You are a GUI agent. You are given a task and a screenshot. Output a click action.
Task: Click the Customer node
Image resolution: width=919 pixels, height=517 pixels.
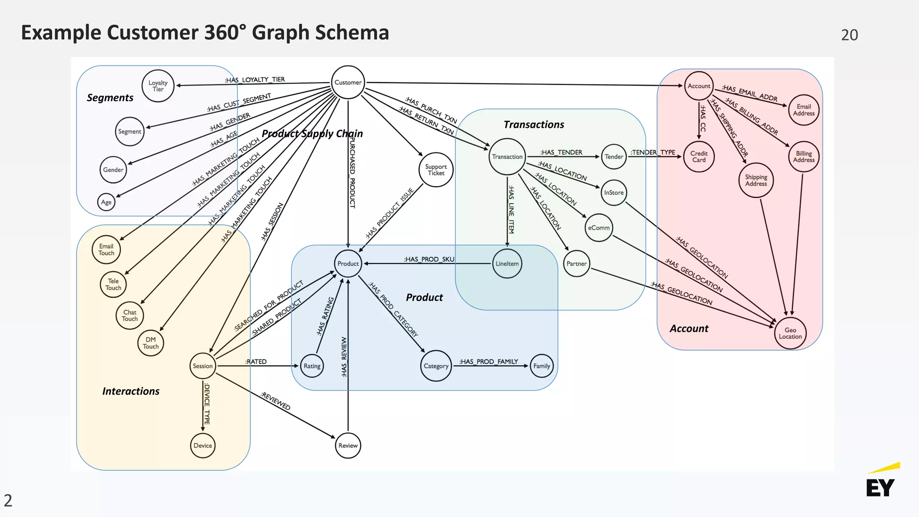(x=348, y=83)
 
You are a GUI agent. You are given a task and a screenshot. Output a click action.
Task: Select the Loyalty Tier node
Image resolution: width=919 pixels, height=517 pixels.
(x=158, y=86)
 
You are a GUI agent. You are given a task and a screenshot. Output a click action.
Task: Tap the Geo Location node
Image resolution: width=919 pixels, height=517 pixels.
(x=790, y=333)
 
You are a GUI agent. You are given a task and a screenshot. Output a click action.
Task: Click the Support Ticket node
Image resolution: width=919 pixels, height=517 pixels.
(x=436, y=170)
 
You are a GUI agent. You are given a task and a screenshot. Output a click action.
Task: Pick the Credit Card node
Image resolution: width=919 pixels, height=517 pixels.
(x=699, y=157)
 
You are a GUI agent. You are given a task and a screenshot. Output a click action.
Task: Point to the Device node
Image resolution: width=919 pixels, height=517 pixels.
(x=203, y=446)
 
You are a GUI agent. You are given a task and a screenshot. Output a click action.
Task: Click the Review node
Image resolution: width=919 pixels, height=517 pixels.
(x=348, y=446)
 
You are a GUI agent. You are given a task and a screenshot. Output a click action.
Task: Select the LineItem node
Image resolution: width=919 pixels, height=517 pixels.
(x=507, y=264)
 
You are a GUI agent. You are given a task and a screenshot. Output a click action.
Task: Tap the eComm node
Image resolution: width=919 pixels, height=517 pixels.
(x=599, y=228)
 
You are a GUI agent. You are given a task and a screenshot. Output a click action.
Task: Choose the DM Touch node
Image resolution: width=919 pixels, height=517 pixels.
(x=151, y=343)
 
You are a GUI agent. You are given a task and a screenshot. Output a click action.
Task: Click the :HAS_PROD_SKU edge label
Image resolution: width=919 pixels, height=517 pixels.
(x=429, y=259)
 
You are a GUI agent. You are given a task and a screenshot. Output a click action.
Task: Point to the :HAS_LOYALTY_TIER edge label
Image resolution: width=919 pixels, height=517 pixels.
(x=254, y=80)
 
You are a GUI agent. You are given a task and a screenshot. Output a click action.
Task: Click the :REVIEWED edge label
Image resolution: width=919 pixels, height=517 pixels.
(x=276, y=401)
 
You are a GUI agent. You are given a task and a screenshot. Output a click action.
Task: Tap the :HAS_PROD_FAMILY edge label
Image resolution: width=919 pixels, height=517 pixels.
(x=488, y=362)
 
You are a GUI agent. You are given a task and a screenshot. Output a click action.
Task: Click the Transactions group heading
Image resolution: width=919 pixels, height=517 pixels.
(x=534, y=125)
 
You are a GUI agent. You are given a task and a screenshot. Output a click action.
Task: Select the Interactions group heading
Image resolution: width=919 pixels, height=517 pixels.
(x=131, y=391)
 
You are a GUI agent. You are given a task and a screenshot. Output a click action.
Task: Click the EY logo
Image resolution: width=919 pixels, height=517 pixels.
(x=881, y=482)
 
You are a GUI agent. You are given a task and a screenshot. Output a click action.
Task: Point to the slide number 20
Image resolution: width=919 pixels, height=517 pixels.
(x=849, y=35)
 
